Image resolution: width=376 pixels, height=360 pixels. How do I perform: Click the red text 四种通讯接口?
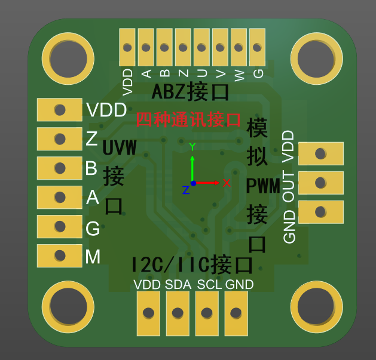[x=188, y=119]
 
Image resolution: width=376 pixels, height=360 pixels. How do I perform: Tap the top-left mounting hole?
[x=68, y=59]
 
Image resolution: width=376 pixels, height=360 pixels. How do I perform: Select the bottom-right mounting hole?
[x=317, y=307]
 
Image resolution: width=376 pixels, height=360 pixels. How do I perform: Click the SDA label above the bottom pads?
[x=178, y=285]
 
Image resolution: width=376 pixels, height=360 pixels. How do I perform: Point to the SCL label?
[x=209, y=285]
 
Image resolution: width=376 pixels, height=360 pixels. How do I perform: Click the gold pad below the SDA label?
[x=178, y=313]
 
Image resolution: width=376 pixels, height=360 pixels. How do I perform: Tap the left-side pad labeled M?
[x=60, y=256]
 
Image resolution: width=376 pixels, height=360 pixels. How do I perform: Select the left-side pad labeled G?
[x=60, y=226]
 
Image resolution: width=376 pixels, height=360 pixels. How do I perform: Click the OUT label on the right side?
[x=288, y=186]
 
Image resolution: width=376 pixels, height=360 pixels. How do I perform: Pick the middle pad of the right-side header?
[x=321, y=183]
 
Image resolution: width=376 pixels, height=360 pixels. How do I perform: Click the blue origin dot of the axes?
[x=193, y=183]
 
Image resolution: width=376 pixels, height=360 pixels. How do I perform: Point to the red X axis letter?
[x=227, y=183]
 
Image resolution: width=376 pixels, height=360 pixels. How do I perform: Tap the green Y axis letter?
[x=192, y=146]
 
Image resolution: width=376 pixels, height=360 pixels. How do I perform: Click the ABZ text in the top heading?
[x=169, y=91]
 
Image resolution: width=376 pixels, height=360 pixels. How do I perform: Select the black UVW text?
[x=120, y=147]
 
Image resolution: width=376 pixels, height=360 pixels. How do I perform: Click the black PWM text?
[x=263, y=186]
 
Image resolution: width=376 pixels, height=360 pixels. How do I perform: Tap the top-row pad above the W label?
[x=239, y=47]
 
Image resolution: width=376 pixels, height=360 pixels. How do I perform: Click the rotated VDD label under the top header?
[x=127, y=82]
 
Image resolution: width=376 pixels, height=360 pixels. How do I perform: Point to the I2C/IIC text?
[x=170, y=264]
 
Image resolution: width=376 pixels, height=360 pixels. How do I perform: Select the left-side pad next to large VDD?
[x=60, y=110]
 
